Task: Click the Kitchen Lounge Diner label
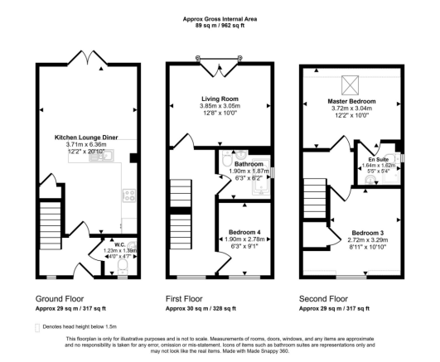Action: (x=86, y=137)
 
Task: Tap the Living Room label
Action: (x=220, y=97)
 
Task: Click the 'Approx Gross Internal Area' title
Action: (x=220, y=17)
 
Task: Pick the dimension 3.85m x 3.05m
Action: (x=220, y=106)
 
